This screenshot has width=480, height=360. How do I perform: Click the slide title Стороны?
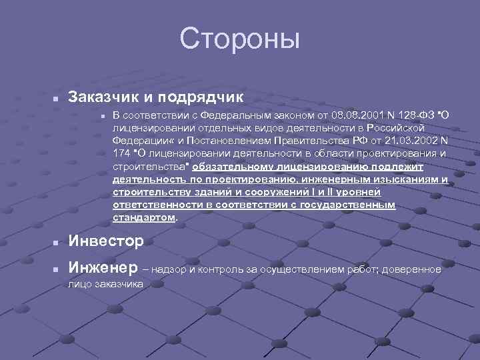tap(240, 38)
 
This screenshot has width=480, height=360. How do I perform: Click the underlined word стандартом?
tap(144, 217)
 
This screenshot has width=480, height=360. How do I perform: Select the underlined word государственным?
tap(357, 205)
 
